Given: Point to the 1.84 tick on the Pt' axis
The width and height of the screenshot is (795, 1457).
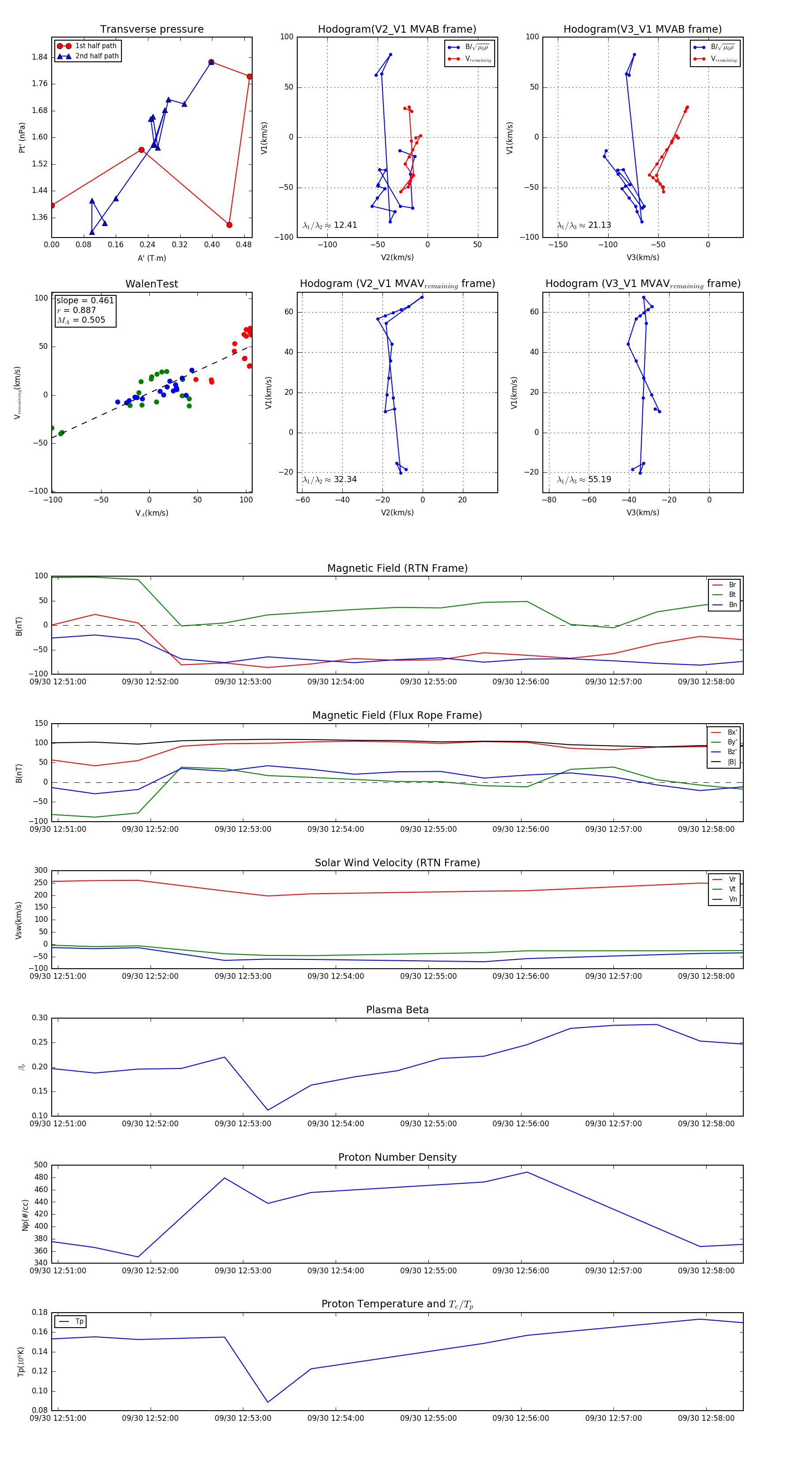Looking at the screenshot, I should (x=40, y=57).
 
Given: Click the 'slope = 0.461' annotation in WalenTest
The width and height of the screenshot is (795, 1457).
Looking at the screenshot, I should (x=85, y=300).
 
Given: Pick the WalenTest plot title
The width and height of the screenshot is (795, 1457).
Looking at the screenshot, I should (x=151, y=284).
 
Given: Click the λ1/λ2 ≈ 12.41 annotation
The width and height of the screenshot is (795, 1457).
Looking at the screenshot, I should (x=330, y=225).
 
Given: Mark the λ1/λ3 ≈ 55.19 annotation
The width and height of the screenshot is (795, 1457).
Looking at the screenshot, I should (x=584, y=479).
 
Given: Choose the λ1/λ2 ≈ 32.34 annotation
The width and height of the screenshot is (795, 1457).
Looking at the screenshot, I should (x=330, y=479).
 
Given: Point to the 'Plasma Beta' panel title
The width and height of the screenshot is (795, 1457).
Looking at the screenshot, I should (x=397, y=1010).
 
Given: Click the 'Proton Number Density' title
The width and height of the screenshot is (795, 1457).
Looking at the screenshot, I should (x=397, y=1157).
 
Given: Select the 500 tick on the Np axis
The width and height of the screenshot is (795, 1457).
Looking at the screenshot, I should (x=41, y=1165).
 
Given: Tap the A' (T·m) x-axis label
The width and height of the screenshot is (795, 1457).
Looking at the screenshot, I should (x=151, y=258).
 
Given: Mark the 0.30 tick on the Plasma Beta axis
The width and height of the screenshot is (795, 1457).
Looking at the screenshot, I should (x=40, y=1018).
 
